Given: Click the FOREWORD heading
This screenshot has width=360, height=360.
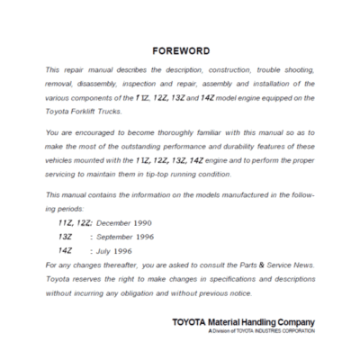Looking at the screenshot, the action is click(x=181, y=51).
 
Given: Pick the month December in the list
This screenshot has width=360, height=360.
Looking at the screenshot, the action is click(x=116, y=221).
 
